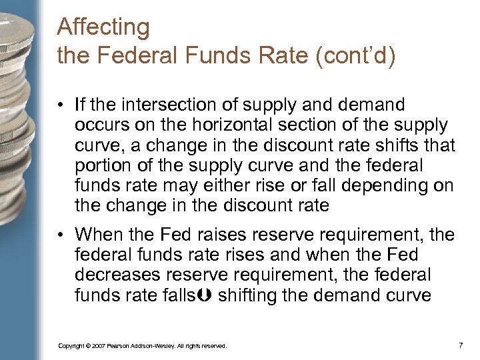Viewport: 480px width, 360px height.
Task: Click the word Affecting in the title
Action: pos(104,28)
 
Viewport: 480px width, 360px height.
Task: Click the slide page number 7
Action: pos(461,345)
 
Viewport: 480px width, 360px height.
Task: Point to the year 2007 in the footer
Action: pos(98,346)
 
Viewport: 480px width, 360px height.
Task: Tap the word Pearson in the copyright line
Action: pos(121,346)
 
